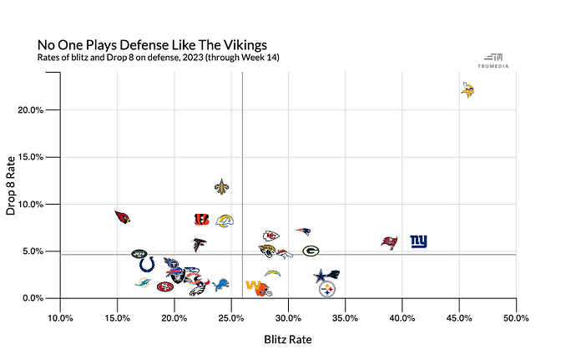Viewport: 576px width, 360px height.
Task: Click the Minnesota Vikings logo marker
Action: (x=467, y=89)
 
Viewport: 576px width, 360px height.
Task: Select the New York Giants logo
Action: (x=418, y=241)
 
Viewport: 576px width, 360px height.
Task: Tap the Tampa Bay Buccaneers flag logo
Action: (x=389, y=242)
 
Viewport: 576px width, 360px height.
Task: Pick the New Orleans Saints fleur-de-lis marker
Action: (x=221, y=187)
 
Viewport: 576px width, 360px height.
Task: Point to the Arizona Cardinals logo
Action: (x=124, y=217)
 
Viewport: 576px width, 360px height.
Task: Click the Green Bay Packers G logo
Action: (x=311, y=251)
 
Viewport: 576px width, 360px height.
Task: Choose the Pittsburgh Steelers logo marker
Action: (x=327, y=289)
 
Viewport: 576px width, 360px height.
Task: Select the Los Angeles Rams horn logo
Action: (x=224, y=221)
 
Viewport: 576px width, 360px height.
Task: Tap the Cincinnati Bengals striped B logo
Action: (x=201, y=220)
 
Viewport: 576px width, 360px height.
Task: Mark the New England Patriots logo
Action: (x=303, y=231)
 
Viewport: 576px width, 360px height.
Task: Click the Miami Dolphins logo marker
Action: (x=143, y=283)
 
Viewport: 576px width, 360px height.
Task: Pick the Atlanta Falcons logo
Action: (x=199, y=246)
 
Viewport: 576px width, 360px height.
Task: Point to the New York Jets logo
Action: (x=139, y=253)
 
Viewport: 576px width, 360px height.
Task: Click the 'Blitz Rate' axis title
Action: (x=288, y=339)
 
